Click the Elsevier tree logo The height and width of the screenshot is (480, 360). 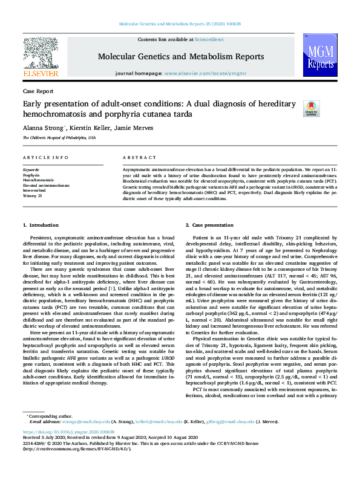click(41, 53)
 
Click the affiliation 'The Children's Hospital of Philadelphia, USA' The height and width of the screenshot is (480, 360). click(59, 138)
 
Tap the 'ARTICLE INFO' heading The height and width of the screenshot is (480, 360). click(46, 157)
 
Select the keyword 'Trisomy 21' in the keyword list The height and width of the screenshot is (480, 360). click(33, 196)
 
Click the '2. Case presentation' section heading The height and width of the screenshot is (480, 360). click(208, 225)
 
